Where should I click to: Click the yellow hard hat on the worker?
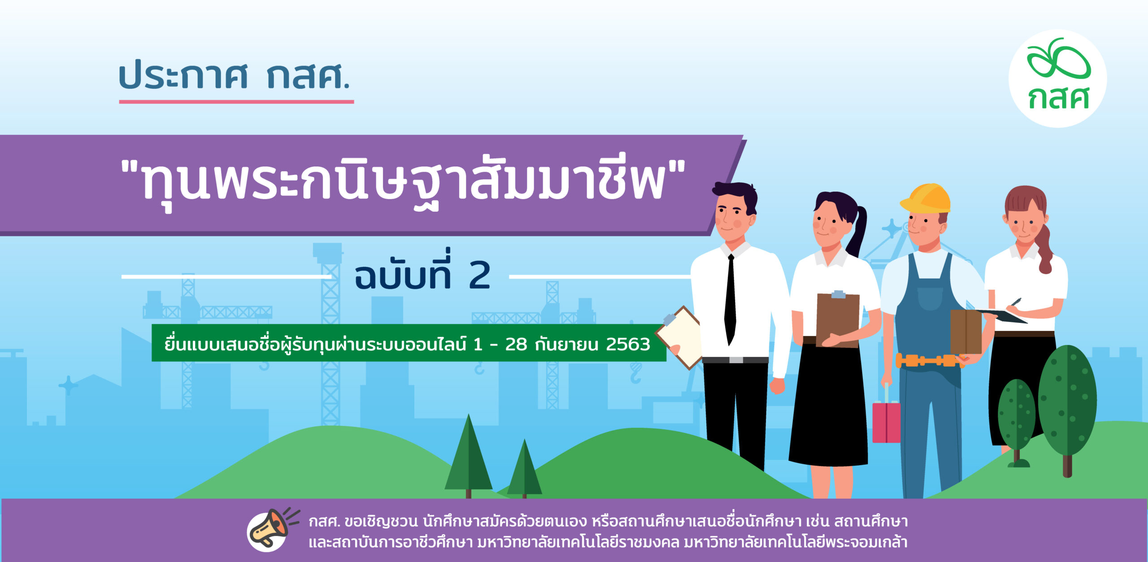coord(926,198)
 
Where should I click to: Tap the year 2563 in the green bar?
coord(628,344)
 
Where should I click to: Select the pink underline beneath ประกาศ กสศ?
coord(236,102)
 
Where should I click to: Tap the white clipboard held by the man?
coord(679,337)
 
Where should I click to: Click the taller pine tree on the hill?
coord(469,455)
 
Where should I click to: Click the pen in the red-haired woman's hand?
coord(1016,302)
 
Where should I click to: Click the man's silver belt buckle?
coord(736,360)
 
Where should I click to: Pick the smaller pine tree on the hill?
coord(524,469)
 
